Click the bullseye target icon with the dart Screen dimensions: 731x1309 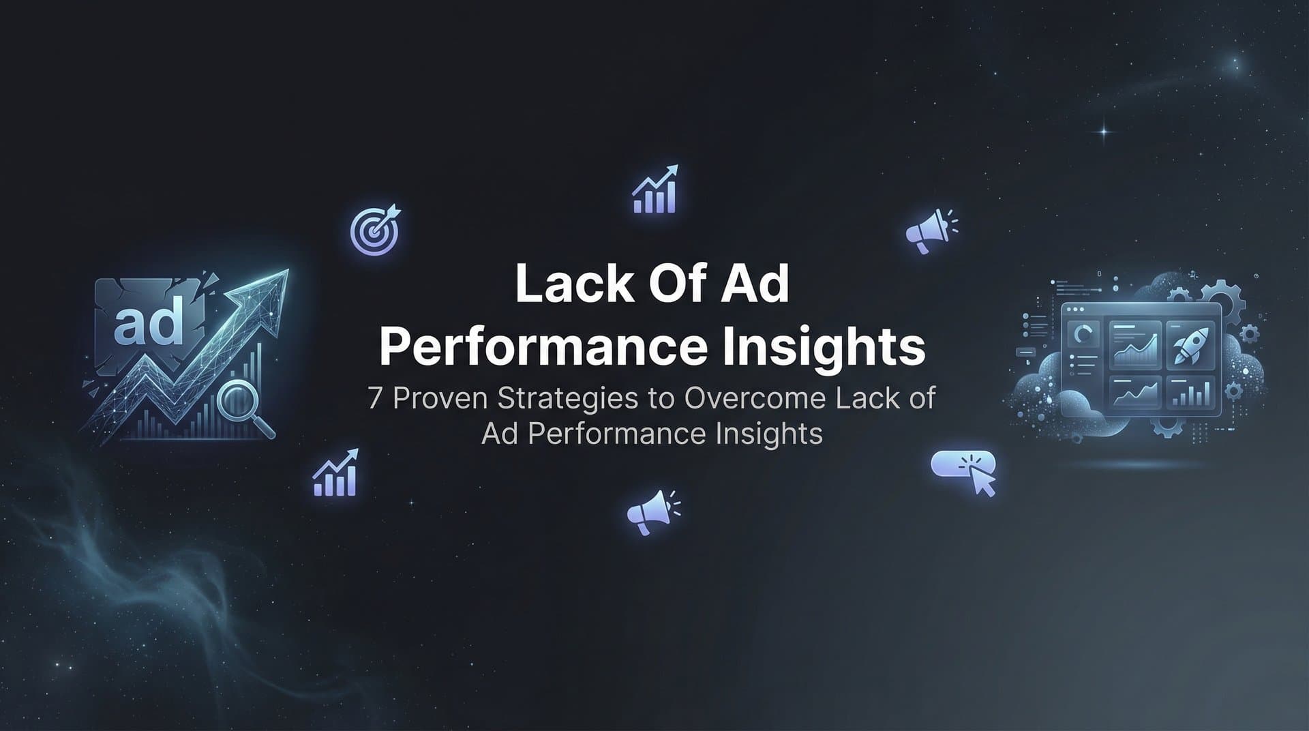tap(374, 229)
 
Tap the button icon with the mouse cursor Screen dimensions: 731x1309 tap(963, 471)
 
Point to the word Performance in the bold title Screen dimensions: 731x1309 tap(543, 348)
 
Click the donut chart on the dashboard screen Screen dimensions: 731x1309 tap(1082, 334)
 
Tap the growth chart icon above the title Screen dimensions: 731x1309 tap(655, 189)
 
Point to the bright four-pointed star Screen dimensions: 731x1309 tap(1104, 131)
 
